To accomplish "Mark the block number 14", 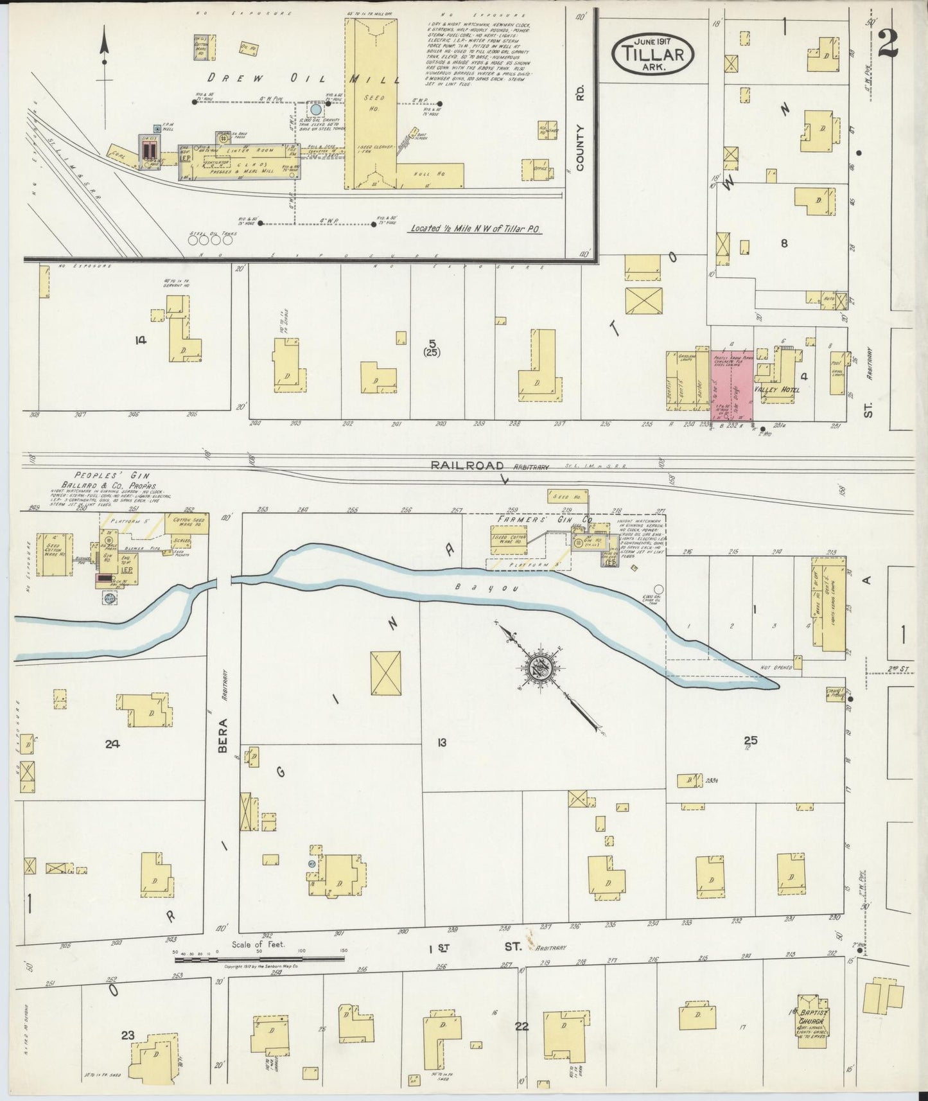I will tap(140, 340).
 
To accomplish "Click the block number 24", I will tap(112, 744).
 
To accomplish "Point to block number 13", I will tap(441, 743).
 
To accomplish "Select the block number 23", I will tap(127, 1035).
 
